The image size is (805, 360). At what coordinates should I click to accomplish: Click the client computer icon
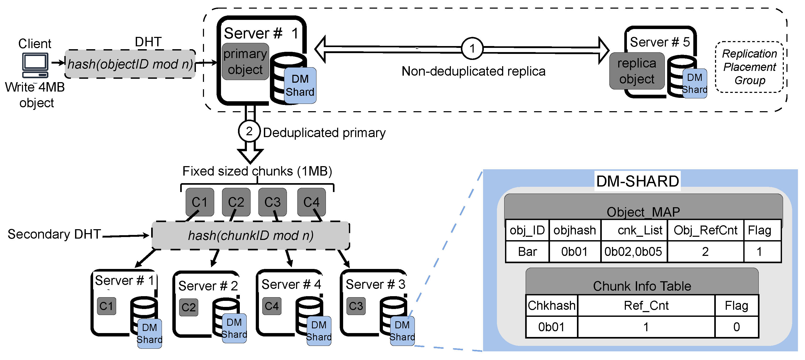[x=35, y=65]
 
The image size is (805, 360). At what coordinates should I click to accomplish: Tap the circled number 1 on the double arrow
[x=472, y=48]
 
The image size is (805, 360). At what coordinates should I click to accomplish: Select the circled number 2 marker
[x=249, y=131]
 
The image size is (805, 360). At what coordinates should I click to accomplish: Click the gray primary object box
[x=245, y=61]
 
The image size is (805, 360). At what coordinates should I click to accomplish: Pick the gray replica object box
[x=637, y=71]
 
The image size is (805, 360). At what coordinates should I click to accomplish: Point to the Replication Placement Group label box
[x=749, y=67]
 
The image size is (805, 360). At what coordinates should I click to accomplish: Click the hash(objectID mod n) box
[x=130, y=64]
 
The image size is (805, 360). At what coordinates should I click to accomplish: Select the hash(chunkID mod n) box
[x=251, y=235]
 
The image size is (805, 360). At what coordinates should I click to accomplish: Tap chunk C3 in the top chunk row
[x=272, y=202]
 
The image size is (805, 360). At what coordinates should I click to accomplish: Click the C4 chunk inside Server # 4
[x=271, y=306]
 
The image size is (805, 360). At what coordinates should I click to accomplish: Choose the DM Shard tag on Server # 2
[x=234, y=328]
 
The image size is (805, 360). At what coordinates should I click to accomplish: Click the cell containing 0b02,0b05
[x=633, y=252]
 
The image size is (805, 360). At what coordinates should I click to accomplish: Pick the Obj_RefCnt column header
[x=705, y=230]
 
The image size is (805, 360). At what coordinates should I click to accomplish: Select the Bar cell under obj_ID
[x=527, y=252]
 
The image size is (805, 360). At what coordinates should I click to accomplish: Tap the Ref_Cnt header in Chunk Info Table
[x=646, y=306]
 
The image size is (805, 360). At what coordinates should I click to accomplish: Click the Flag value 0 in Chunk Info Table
[x=736, y=327]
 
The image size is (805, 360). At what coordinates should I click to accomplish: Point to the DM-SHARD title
[x=638, y=181]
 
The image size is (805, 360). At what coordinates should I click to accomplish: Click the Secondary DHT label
[x=54, y=234]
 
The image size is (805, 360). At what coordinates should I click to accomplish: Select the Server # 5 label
[x=660, y=42]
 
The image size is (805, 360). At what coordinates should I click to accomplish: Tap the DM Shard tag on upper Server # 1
[x=300, y=85]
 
